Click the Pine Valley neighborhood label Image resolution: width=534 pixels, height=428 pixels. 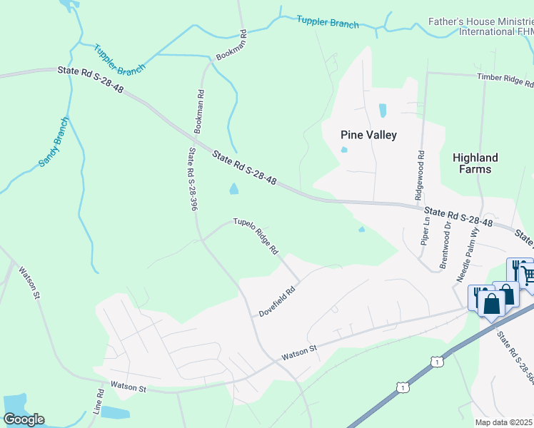point(368,135)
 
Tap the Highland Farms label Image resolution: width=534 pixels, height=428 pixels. point(475,163)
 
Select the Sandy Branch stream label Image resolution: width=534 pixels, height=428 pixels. point(54,142)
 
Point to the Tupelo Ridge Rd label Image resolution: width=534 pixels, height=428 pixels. point(256,237)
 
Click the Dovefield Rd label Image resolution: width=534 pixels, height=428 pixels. point(277,302)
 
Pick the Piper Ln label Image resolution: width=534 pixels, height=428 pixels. point(427,230)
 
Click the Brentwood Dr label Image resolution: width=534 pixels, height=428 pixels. point(446,244)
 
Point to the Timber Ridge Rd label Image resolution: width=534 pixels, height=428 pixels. point(505,78)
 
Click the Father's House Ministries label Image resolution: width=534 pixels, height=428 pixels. point(480,27)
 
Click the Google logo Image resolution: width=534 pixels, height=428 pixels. point(24,419)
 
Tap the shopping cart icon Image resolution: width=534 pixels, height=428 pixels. point(525,273)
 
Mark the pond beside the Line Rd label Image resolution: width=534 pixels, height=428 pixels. point(115,412)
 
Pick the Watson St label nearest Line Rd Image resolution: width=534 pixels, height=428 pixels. point(128,388)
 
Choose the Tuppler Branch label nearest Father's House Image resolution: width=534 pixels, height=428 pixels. point(328,23)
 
